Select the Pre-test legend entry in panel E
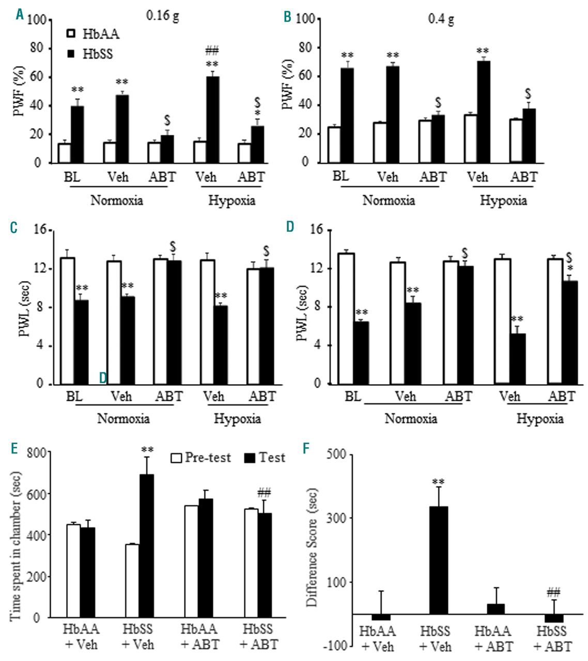202,458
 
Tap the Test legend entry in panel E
265,458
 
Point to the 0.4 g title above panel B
441,19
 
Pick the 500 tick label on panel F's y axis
313,454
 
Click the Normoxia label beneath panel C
123,418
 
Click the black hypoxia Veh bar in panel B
483,112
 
